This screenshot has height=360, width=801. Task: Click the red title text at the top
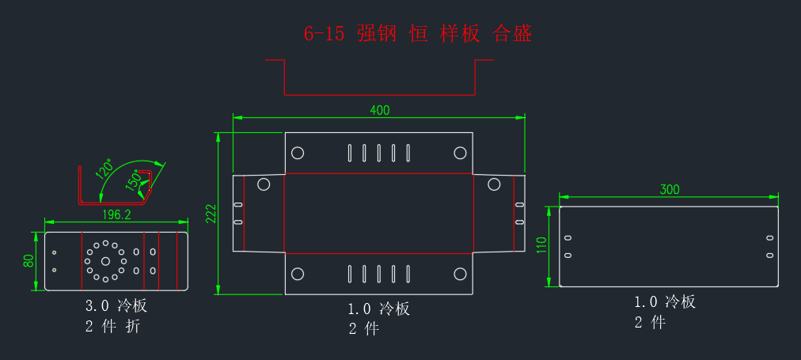click(418, 34)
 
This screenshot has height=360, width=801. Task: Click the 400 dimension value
click(380, 110)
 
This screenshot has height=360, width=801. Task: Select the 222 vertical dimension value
click(211, 214)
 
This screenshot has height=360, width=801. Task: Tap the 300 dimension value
click(670, 189)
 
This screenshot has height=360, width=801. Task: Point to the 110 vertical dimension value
click(541, 245)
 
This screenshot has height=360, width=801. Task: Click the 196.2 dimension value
click(117, 215)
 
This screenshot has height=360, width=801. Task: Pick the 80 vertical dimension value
click(28, 261)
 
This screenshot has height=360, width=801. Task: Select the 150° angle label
click(133, 180)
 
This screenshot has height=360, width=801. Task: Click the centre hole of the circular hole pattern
click(105, 261)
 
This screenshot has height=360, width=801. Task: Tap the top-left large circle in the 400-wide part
click(298, 153)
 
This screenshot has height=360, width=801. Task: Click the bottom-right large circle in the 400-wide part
click(460, 275)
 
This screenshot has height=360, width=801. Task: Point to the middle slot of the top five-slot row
click(378, 153)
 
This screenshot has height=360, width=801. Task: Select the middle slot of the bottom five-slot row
click(378, 274)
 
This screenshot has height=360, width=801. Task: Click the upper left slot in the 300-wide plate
click(568, 238)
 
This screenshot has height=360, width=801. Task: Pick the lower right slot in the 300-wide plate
click(770, 255)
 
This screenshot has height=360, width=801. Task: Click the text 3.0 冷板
click(116, 306)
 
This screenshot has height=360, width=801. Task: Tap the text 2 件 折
click(112, 326)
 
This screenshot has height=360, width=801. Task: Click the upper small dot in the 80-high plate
click(54, 252)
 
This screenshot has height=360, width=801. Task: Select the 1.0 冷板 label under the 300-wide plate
click(665, 301)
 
